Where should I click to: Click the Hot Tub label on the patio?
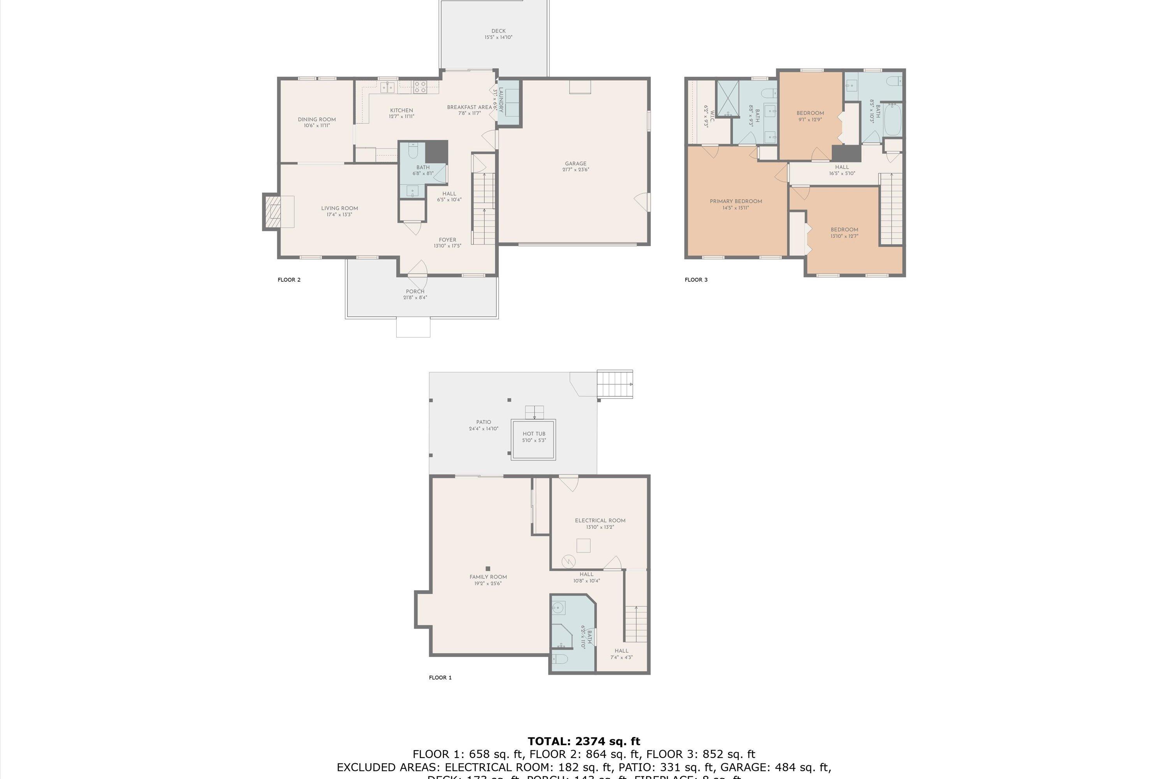tap(534, 434)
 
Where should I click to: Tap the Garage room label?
tap(575, 164)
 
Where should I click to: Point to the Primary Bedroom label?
tap(735, 201)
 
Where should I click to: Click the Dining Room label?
tap(317, 119)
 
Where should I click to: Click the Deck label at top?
tap(499, 31)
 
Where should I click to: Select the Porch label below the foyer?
tap(415, 292)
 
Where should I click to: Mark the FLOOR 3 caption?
tap(696, 280)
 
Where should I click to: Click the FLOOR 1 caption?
tap(440, 678)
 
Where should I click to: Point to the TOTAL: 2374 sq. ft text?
tap(584, 741)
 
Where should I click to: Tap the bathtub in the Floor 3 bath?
tap(892, 119)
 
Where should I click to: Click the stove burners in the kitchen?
tap(420, 87)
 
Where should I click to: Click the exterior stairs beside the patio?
tap(615, 384)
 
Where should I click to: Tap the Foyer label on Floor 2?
tap(447, 240)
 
